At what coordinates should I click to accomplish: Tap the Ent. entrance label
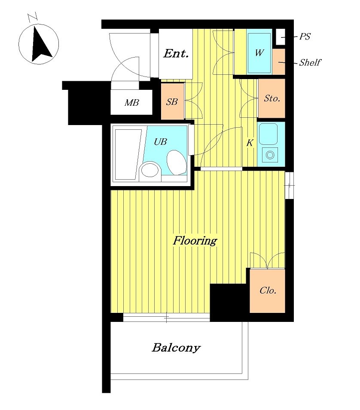[176, 54]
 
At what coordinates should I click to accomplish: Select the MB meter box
[131, 102]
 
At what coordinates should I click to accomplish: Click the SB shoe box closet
[172, 101]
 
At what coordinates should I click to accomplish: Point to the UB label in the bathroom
[160, 142]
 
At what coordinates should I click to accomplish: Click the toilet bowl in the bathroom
[177, 162]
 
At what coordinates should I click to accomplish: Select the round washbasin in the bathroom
[150, 170]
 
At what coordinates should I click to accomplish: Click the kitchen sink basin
[268, 134]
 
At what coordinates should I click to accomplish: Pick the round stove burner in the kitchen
[270, 155]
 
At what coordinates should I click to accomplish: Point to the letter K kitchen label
[250, 143]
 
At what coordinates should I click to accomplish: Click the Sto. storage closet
[272, 98]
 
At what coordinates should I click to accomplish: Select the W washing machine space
[259, 52]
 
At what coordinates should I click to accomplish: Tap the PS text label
[305, 37]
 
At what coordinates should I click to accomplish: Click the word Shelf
[310, 62]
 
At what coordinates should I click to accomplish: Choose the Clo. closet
[268, 291]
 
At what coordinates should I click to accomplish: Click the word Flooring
[195, 241]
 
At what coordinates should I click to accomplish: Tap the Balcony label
[176, 348]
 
